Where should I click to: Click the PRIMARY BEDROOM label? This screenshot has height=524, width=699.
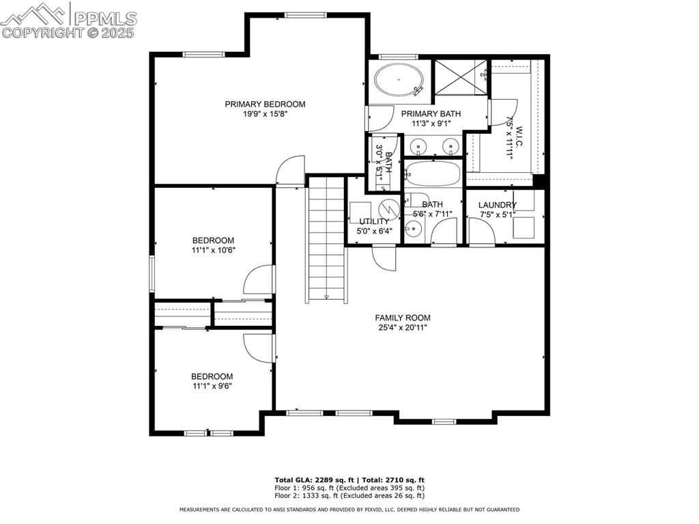pyautogui.click(x=265, y=104)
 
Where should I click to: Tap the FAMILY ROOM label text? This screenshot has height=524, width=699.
pyautogui.click(x=402, y=318)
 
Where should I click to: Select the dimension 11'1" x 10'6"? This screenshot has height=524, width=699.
pyautogui.click(x=213, y=251)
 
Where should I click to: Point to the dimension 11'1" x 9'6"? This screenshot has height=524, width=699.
pyautogui.click(x=212, y=387)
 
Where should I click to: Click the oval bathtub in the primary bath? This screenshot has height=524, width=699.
pyautogui.click(x=399, y=80)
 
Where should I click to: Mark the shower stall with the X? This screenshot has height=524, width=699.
pyautogui.click(x=461, y=77)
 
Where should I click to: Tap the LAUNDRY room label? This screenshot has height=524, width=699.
pyautogui.click(x=497, y=205)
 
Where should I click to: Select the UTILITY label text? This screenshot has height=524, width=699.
pyautogui.click(x=374, y=221)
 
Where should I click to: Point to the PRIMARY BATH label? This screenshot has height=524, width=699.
pyautogui.click(x=430, y=114)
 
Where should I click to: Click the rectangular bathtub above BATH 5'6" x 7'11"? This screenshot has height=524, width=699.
pyautogui.click(x=433, y=174)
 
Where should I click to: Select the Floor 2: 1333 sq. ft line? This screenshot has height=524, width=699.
pyautogui.click(x=349, y=495)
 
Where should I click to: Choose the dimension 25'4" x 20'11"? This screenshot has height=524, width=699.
pyautogui.click(x=402, y=328)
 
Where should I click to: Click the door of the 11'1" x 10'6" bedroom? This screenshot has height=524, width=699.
pyautogui.click(x=259, y=280)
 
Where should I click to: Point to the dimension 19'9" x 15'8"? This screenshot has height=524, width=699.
pyautogui.click(x=265, y=114)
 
